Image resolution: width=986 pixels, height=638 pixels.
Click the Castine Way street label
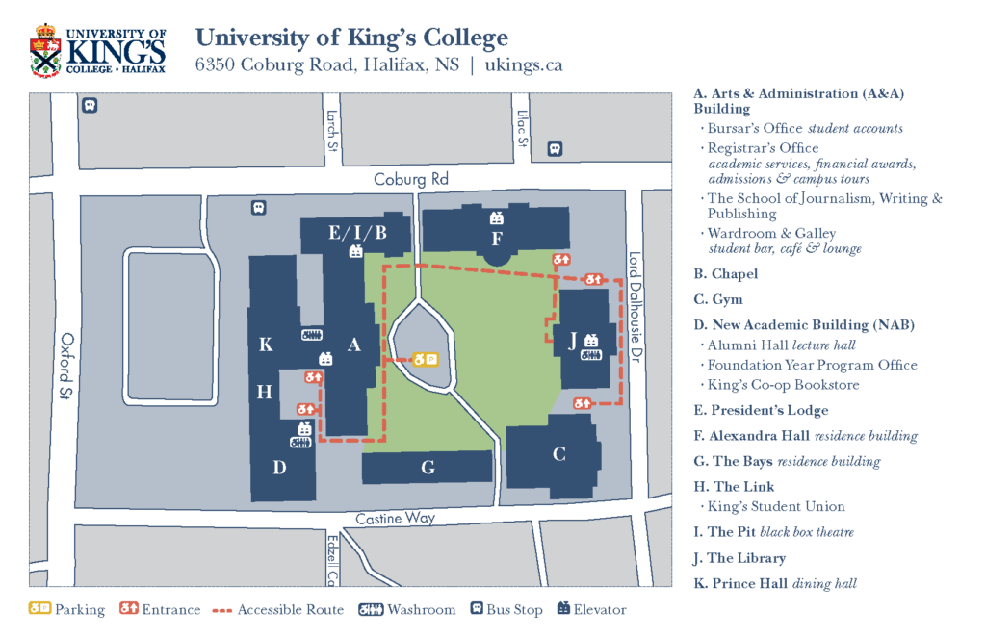[x=395, y=518]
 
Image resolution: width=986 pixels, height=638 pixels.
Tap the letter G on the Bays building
[x=428, y=468]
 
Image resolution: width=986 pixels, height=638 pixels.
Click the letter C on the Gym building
[x=558, y=454]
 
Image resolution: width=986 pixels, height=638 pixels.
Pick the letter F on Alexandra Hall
[x=497, y=238]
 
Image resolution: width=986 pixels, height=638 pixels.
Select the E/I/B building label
[x=357, y=232]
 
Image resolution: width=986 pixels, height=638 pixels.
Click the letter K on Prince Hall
[x=266, y=345]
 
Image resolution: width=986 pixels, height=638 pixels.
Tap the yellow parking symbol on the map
[x=426, y=359]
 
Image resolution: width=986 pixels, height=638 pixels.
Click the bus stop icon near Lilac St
[x=554, y=149]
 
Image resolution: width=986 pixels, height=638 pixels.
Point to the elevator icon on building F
[x=497, y=218]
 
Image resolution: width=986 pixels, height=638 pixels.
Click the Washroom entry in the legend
[x=406, y=610]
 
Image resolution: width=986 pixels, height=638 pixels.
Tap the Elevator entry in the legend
[x=591, y=610]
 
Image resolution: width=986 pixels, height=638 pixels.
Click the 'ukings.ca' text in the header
[x=524, y=65]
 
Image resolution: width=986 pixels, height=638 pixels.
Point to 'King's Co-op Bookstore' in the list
[x=783, y=385]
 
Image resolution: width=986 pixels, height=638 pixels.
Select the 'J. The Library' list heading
[x=739, y=558]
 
